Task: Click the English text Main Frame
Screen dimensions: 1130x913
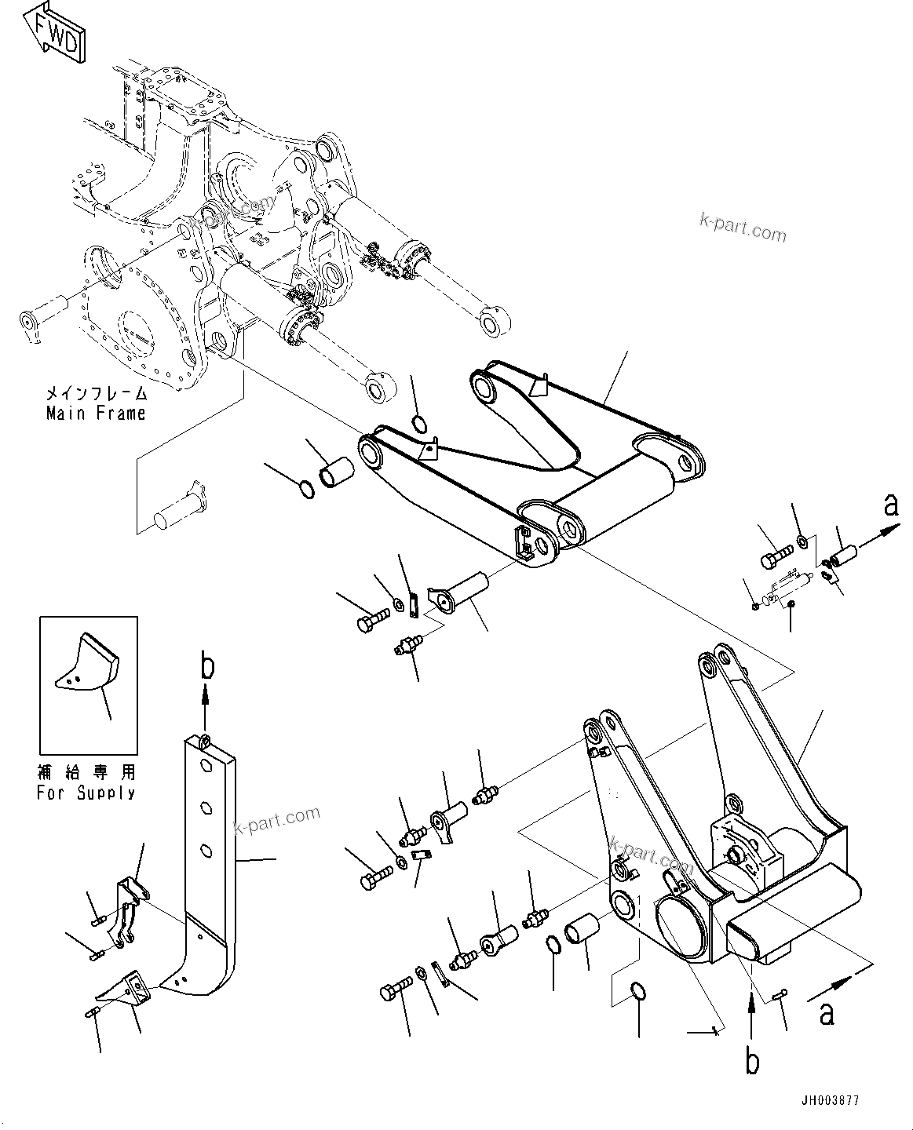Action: coord(96,413)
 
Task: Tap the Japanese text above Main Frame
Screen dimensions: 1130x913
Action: coord(96,393)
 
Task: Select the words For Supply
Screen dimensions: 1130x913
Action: coord(86,793)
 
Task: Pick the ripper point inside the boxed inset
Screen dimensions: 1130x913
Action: coord(88,662)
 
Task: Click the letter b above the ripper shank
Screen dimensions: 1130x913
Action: coord(206,667)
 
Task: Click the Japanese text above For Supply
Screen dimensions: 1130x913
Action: coord(86,773)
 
